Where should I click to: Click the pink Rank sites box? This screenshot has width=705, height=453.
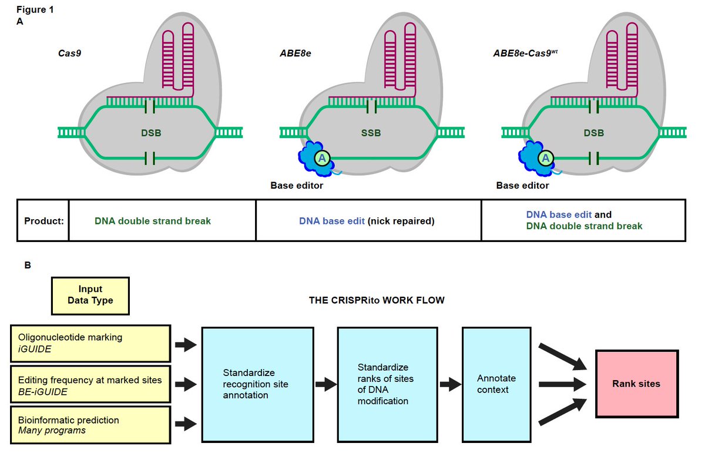(637, 384)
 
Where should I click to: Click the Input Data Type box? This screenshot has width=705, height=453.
(90, 295)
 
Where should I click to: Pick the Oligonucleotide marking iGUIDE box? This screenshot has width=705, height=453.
(91, 343)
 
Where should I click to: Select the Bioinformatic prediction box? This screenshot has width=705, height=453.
(91, 425)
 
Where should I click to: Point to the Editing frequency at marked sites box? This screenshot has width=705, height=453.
(91, 384)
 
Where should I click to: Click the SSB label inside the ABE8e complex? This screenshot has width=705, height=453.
(370, 133)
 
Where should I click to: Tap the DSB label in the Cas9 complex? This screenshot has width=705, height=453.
(151, 133)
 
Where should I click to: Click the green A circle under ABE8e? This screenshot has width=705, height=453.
(321, 157)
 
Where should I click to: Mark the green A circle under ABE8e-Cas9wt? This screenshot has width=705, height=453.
(546, 157)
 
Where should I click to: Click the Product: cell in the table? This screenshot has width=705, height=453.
(43, 221)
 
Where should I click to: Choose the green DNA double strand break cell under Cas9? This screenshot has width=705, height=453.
(153, 221)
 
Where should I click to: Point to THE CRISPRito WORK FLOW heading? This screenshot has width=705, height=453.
(377, 300)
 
